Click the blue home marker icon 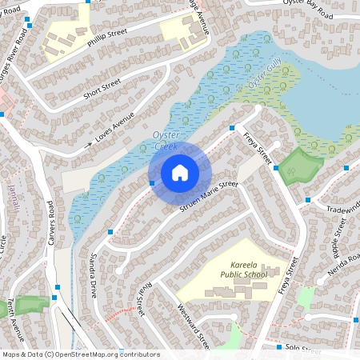point(180,173)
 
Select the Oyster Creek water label point(165,142)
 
